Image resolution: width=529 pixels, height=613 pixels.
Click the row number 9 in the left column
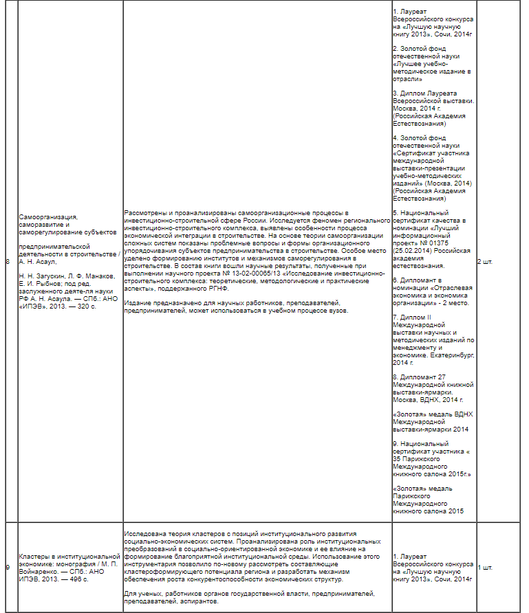(x=8, y=568)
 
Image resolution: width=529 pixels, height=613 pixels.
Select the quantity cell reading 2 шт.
(x=486, y=262)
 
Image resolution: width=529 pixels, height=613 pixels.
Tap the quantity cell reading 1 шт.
(x=485, y=568)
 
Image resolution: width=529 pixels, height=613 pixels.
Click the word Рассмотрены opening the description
(x=146, y=213)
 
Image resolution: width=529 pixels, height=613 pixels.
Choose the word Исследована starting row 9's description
(x=147, y=533)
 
